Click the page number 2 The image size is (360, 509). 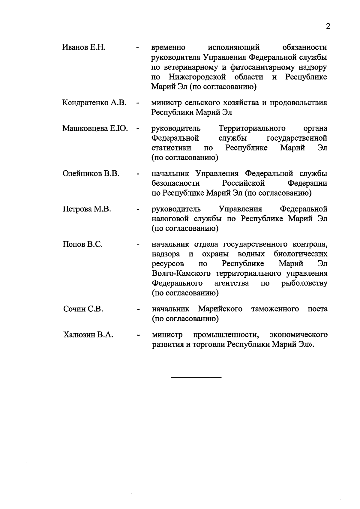328,26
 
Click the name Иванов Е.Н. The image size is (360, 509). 84,47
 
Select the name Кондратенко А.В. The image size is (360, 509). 94,103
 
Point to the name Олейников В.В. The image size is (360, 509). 91,174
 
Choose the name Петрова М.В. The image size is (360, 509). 87,209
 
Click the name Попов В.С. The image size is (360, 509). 83,244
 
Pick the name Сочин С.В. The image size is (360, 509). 83,309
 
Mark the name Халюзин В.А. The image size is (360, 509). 88,335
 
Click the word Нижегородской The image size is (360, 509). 197,77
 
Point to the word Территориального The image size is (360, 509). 252,129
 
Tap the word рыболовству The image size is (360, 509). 304,283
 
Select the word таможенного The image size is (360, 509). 275,309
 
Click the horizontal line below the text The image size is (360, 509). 196,377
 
